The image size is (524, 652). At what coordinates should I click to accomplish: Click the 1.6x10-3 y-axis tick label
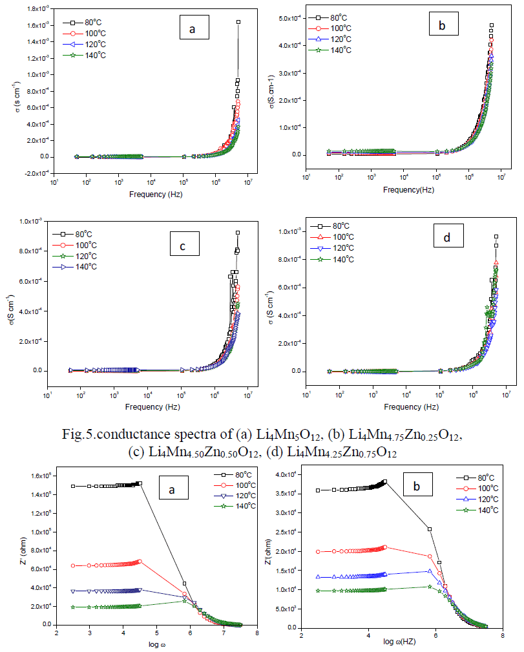pyautogui.click(x=35, y=25)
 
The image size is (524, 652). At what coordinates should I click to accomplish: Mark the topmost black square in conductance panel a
pyautogui.click(x=238, y=22)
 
